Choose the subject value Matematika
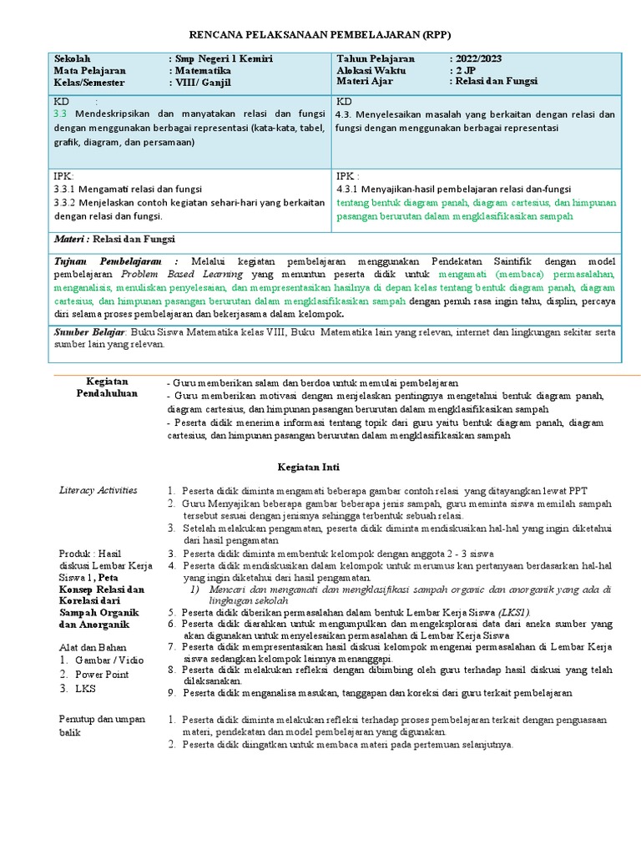204,71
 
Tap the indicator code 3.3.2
65,202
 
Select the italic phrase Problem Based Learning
183,273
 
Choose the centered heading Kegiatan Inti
308,467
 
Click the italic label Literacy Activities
98,489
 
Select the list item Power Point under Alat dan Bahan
102,674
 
